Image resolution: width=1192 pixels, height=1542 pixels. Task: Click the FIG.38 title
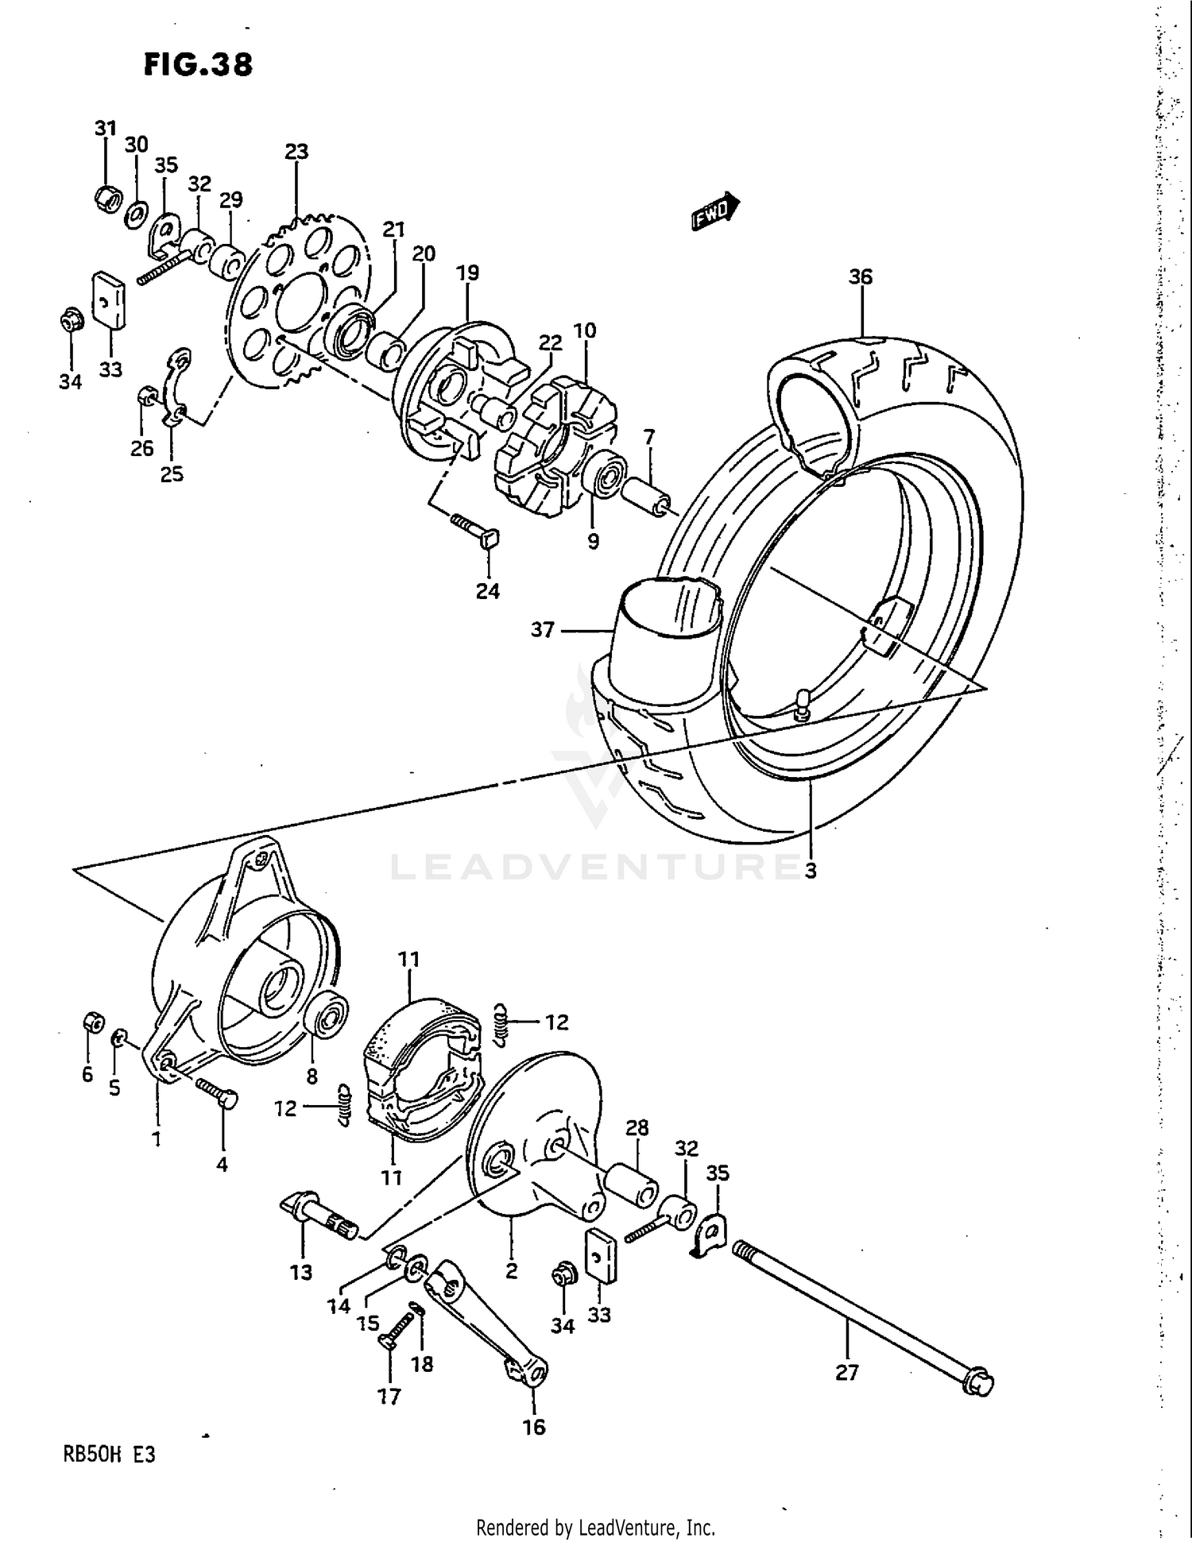click(x=198, y=64)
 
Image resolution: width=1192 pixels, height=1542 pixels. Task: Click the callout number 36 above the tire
click(x=860, y=276)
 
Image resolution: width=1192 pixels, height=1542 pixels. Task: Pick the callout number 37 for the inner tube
click(x=542, y=630)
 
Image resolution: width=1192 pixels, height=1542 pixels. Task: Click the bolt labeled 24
click(x=474, y=530)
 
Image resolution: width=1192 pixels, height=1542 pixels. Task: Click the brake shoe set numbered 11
click(x=421, y=1065)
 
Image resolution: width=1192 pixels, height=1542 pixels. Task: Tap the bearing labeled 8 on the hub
click(x=329, y=1014)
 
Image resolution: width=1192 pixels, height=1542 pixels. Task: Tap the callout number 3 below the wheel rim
click(x=810, y=871)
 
